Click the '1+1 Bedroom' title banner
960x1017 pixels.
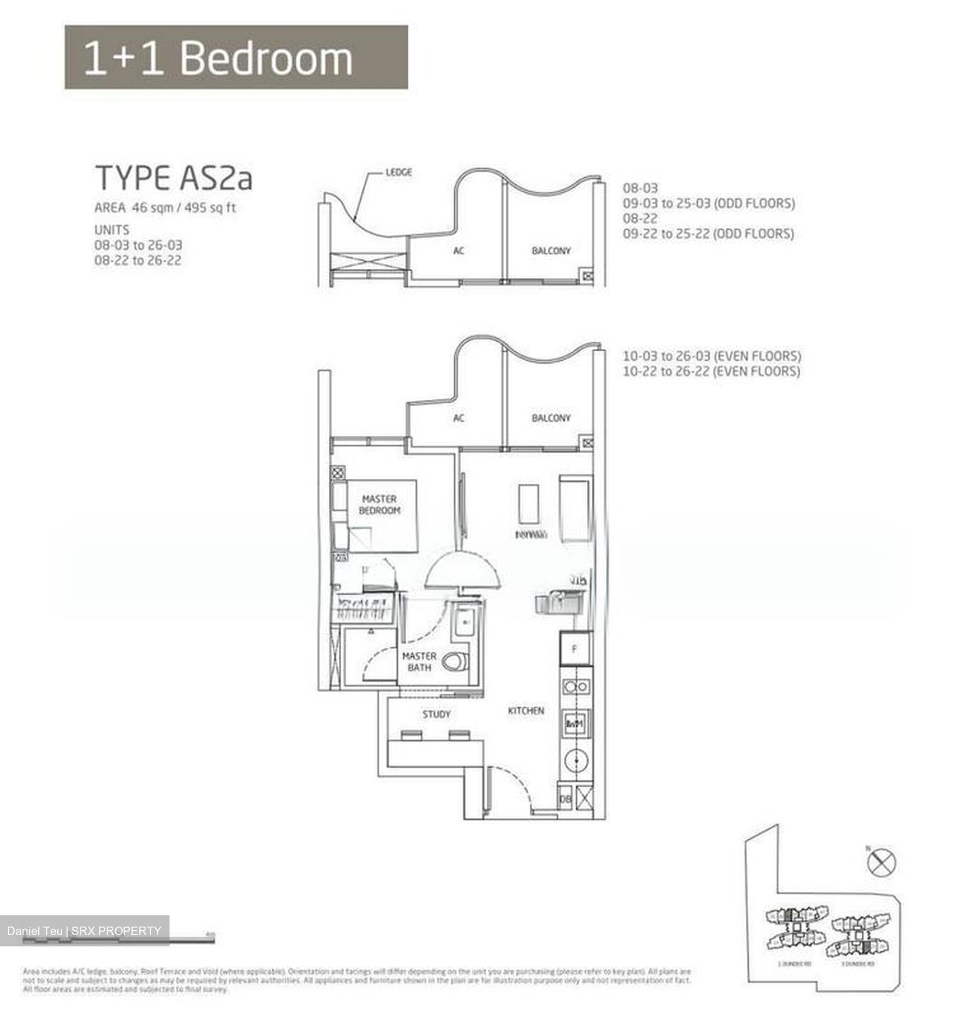(236, 57)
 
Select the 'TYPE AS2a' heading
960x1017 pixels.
(174, 178)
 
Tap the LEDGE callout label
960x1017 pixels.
(398, 172)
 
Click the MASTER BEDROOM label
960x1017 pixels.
(379, 504)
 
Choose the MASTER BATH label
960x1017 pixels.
(419, 661)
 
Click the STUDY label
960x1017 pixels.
(436, 714)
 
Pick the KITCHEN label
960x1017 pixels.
(526, 710)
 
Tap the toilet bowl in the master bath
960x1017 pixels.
(456, 662)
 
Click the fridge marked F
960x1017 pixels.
(575, 648)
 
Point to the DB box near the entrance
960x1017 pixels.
(565, 799)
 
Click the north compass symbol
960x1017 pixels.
(882, 862)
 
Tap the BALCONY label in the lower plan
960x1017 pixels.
(550, 418)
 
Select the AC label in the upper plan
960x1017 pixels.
(458, 251)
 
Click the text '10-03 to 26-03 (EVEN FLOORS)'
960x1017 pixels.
(711, 356)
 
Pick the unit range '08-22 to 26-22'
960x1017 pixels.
(138, 261)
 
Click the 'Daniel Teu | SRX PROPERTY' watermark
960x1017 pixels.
(84, 931)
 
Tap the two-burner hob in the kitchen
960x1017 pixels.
(576, 686)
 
